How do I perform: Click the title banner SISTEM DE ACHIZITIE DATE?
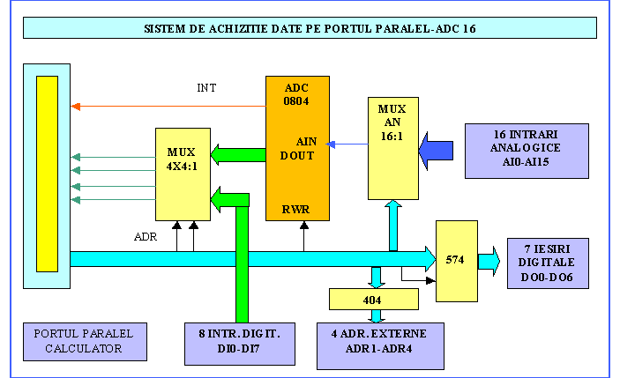pyautogui.click(x=310, y=28)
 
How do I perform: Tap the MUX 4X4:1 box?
pyautogui.click(x=182, y=174)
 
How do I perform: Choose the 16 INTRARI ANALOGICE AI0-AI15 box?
pyautogui.click(x=526, y=150)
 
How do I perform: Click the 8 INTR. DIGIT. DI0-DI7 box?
pyautogui.click(x=239, y=343)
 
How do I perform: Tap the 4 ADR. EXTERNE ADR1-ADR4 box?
pyautogui.click(x=380, y=343)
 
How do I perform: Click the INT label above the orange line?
pyautogui.click(x=207, y=88)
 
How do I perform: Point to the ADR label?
pyautogui.click(x=146, y=237)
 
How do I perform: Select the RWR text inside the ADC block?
pyautogui.click(x=295, y=211)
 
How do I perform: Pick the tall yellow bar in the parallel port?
pyautogui.click(x=46, y=174)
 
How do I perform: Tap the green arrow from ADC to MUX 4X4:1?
pyautogui.click(x=237, y=155)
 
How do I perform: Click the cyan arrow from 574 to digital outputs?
pyautogui.click(x=489, y=261)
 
